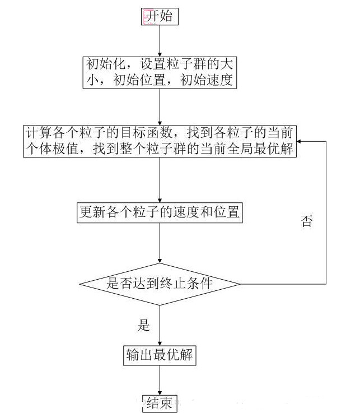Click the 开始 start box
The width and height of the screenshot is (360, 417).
pyautogui.click(x=160, y=16)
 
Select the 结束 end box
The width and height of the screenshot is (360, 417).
pyautogui.click(x=160, y=404)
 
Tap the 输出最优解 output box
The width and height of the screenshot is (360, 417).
pyautogui.click(x=160, y=355)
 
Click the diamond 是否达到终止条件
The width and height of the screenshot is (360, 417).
pyautogui.click(x=160, y=284)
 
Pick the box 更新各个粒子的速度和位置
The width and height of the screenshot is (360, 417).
pyautogui.click(x=160, y=213)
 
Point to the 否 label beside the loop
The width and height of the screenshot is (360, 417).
pyautogui.click(x=306, y=221)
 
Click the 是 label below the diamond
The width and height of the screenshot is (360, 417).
pyautogui.click(x=144, y=325)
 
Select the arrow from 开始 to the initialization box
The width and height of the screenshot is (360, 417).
pyautogui.click(x=160, y=41)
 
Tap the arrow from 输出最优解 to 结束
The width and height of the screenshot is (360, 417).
pyautogui.click(x=160, y=381)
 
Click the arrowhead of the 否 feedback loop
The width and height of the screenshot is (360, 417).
pyautogui.click(x=298, y=141)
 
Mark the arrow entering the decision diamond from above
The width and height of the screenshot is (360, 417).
pyautogui.click(x=160, y=243)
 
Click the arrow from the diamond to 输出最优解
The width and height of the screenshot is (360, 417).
pyautogui.click(x=160, y=325)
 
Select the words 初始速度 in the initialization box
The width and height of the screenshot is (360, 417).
pyautogui.click(x=207, y=80)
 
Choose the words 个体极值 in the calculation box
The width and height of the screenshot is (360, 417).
pyautogui.click(x=52, y=148)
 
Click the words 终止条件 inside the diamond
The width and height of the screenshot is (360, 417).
pyautogui.click(x=186, y=284)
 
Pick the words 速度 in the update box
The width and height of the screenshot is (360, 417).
pyautogui.click(x=186, y=212)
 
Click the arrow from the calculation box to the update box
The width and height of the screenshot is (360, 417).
pyautogui.click(x=160, y=180)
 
